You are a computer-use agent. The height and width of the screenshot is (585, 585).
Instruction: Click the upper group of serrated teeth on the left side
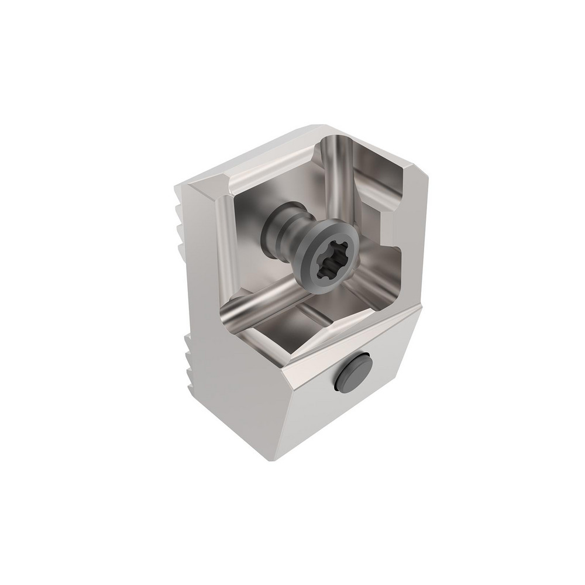182,211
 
